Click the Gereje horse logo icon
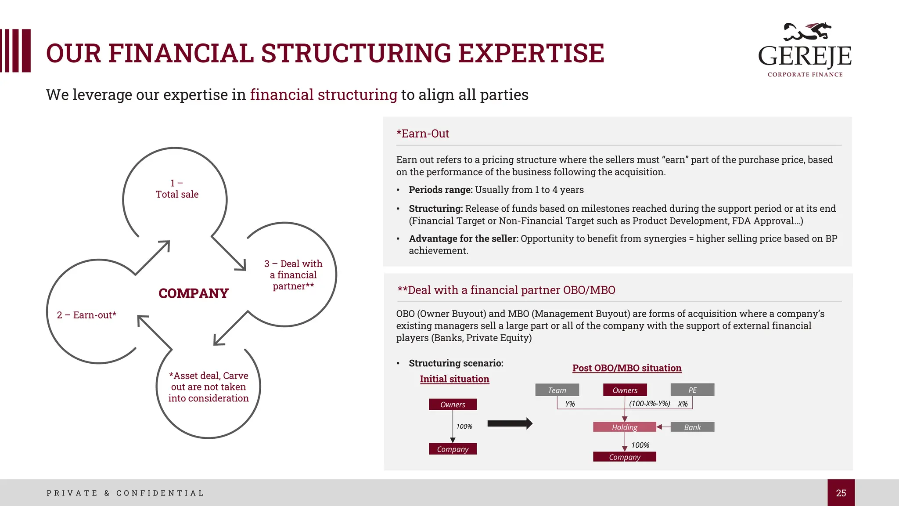[x=807, y=32]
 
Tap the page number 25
[x=841, y=493]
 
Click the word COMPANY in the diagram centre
[x=194, y=293]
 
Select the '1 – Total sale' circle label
[x=177, y=189]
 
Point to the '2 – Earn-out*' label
[x=86, y=315]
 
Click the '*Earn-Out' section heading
[x=423, y=134]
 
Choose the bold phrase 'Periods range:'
[x=440, y=190]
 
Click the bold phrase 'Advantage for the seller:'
[x=464, y=239]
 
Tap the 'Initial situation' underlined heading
[x=454, y=379]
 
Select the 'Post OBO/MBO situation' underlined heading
[x=627, y=368]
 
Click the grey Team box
[x=557, y=390]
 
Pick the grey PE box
[x=692, y=390]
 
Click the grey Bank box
[x=692, y=427]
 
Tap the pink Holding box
[x=624, y=427]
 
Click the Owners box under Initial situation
[x=453, y=405]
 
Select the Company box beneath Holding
[x=624, y=457]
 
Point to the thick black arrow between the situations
[x=510, y=423]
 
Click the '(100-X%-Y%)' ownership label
[x=649, y=404]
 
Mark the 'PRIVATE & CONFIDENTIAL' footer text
[x=125, y=493]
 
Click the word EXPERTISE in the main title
[x=531, y=53]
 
